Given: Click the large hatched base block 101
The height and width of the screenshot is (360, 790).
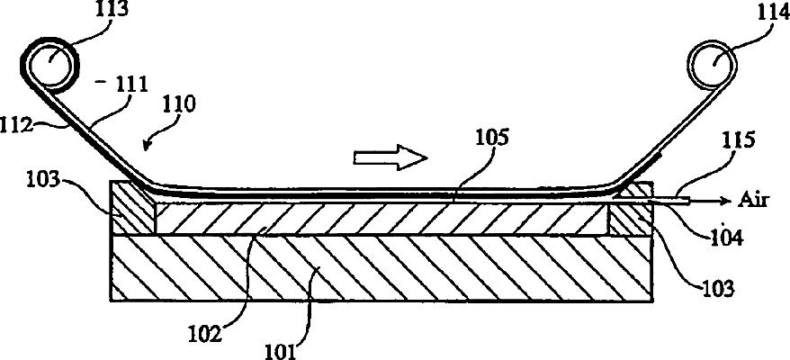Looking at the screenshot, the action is (x=378, y=268).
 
